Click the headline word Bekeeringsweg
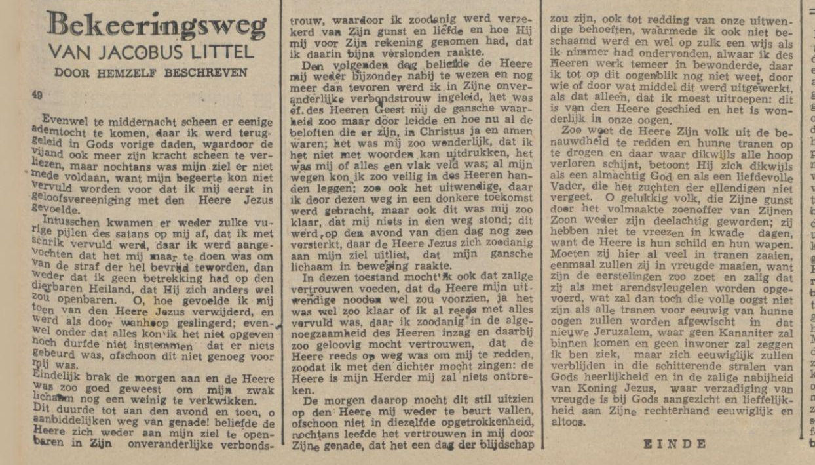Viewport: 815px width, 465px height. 158,26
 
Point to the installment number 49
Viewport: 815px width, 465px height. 37,95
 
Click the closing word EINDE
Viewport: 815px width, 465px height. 675,444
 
